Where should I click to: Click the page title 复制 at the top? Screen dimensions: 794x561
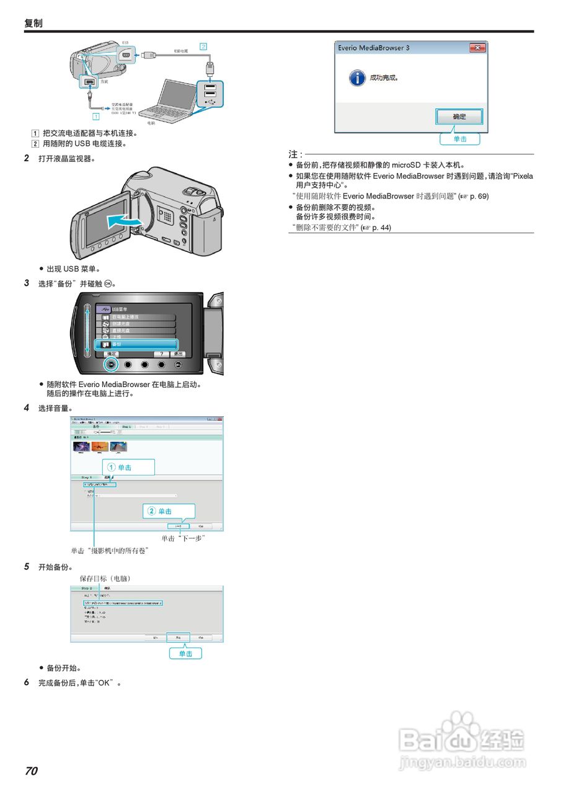click(x=33, y=23)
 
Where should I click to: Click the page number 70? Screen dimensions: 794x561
click(x=31, y=771)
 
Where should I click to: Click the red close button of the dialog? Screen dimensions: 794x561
click(x=477, y=48)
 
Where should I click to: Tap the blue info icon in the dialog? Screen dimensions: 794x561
click(x=356, y=78)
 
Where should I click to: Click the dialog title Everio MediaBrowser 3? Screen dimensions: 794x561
click(x=373, y=48)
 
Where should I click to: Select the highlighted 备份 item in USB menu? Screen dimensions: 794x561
click(x=136, y=344)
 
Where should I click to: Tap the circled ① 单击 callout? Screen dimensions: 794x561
click(x=128, y=467)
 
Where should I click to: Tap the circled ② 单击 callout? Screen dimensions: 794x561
click(x=169, y=511)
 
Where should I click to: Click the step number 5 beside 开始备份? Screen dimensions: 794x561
click(x=27, y=567)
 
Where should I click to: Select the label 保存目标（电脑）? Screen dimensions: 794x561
click(x=105, y=578)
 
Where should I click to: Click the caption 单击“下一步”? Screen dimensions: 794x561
click(x=183, y=538)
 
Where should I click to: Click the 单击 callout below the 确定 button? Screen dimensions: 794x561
click(x=460, y=139)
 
